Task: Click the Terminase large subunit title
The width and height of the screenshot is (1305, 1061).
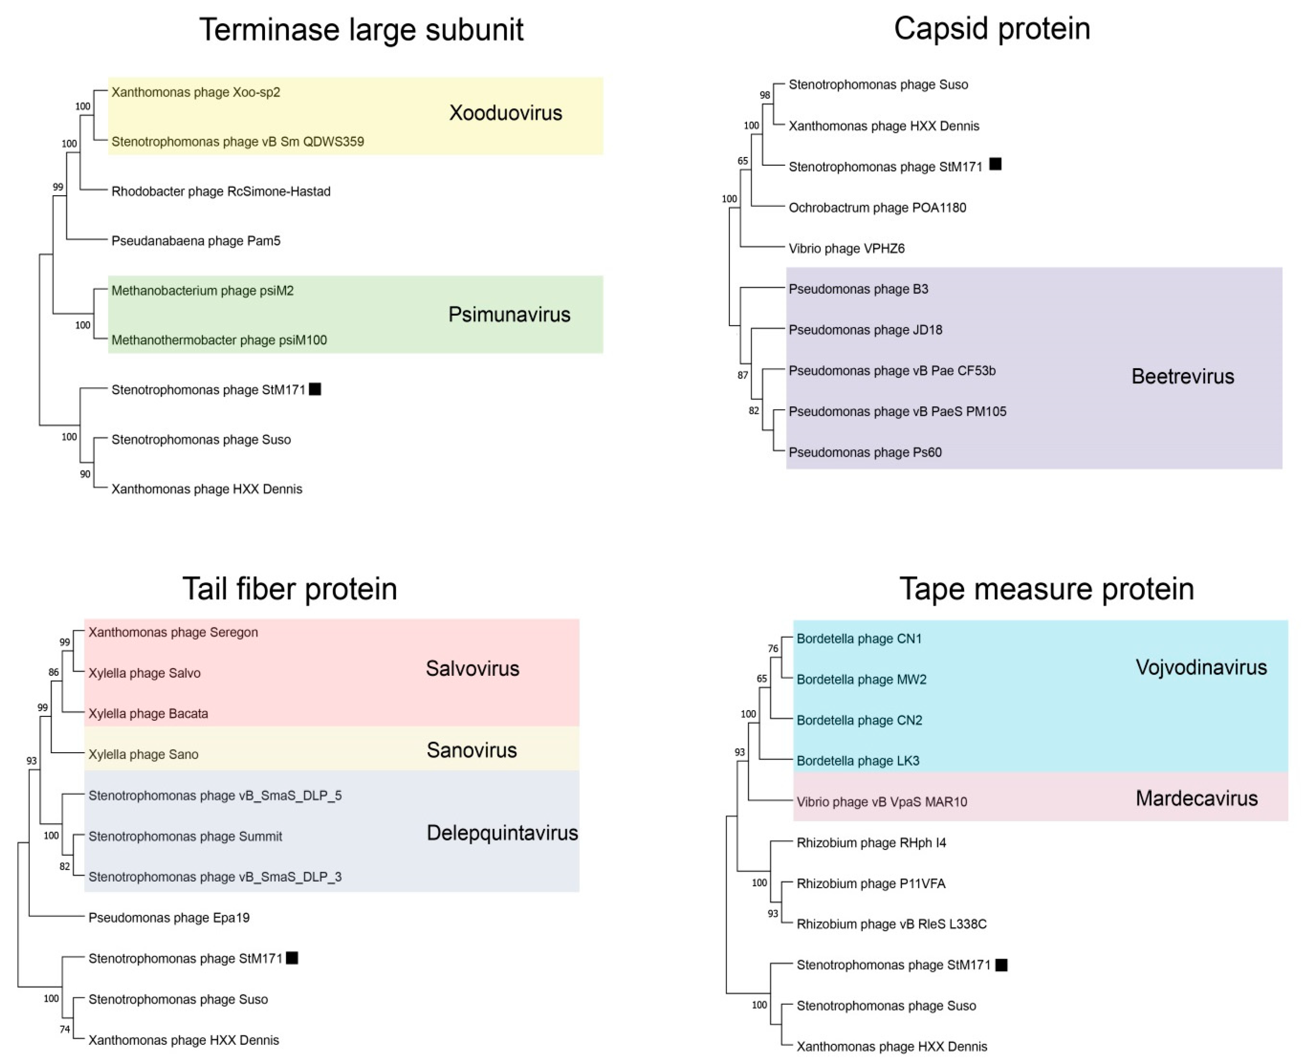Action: coord(361,30)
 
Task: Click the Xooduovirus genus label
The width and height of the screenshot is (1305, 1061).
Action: coord(505,113)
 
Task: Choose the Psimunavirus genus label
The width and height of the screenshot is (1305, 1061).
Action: coord(509,315)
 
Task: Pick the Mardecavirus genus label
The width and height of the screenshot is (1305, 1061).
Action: coord(1196,798)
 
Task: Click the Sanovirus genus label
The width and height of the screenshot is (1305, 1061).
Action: coord(471,750)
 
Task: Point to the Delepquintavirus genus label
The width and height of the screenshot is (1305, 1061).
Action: coord(502,833)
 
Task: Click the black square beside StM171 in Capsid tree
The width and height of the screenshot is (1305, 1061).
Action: coord(995,164)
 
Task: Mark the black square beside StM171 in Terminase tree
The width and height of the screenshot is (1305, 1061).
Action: coord(315,389)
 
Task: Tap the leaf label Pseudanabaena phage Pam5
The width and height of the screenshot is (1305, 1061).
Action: coord(196,241)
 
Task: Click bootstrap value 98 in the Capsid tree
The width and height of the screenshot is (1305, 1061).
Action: coord(764,95)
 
